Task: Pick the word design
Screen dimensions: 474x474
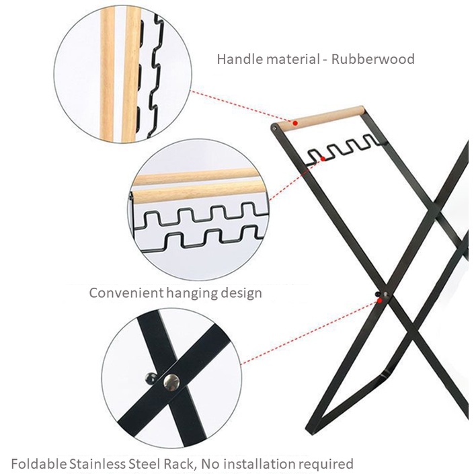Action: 243,294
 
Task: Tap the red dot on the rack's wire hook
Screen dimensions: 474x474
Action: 323,159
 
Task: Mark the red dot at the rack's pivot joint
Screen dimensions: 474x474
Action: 380,300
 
